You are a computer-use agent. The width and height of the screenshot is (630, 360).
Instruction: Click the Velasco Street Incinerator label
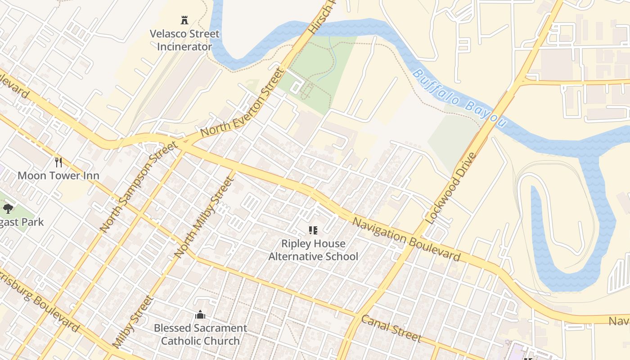pyautogui.click(x=184, y=40)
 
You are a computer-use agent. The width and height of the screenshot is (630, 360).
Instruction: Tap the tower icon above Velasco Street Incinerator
pyautogui.click(x=184, y=20)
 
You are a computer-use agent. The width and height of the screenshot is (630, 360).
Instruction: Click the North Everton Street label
pyautogui.click(x=243, y=103)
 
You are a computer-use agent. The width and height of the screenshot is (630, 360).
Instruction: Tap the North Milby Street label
pyautogui.click(x=205, y=217)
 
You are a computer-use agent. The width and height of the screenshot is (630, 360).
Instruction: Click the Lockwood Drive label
pyautogui.click(x=450, y=189)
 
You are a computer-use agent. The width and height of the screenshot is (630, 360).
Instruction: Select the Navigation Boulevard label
pyautogui.click(x=406, y=239)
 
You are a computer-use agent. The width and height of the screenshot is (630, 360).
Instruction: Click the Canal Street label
pyautogui.click(x=391, y=328)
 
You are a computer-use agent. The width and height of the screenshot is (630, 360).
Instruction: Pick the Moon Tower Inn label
pyautogui.click(x=58, y=175)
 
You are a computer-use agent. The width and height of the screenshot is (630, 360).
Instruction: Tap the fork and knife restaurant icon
pyautogui.click(x=58, y=162)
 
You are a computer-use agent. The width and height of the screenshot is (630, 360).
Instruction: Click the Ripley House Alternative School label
pyautogui.click(x=313, y=250)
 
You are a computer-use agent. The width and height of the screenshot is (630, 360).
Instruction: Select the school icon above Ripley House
pyautogui.click(x=313, y=231)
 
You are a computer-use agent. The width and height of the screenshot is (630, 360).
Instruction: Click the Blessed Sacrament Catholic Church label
pyautogui.click(x=200, y=334)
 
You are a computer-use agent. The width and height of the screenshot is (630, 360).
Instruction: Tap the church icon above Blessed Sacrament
pyautogui.click(x=200, y=315)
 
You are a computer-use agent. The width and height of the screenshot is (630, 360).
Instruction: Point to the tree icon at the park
pyautogui.click(x=8, y=208)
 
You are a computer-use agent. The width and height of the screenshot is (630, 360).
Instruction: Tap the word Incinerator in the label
pyautogui.click(x=184, y=47)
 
